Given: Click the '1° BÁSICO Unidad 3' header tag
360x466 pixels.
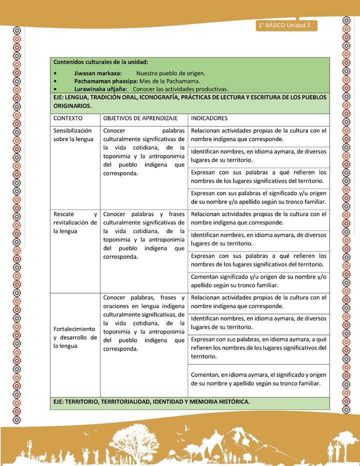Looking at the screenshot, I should click(284, 25).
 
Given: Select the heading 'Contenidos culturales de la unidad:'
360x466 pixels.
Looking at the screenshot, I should click(100, 62).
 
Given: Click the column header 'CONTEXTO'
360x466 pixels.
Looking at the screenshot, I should click(68, 118).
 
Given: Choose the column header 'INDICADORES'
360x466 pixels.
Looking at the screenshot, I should click(209, 118).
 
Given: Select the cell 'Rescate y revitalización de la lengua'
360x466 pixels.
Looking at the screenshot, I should click(75, 222).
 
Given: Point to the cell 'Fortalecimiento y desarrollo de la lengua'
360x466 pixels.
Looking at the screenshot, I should click(75, 337).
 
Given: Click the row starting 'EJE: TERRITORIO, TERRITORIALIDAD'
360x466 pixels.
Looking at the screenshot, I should click(151, 401).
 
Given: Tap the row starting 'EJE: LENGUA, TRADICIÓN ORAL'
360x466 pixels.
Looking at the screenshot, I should click(189, 101).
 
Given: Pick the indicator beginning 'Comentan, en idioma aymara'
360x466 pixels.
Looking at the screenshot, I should click(258, 379).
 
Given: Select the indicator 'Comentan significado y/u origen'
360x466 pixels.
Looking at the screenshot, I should click(258, 281).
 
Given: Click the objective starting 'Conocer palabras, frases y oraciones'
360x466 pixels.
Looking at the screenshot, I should click(144, 323).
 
